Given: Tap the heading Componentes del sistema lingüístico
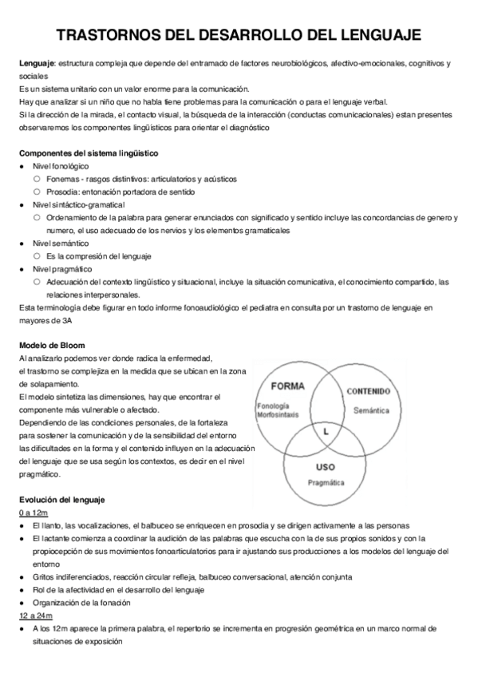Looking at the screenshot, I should pyautogui.click(x=89, y=152).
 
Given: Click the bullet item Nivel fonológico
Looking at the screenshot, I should pyautogui.click(x=61, y=165).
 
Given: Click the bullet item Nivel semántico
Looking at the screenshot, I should pyautogui.click(x=61, y=243).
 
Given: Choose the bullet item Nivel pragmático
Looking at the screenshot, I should pyautogui.click(x=62, y=269).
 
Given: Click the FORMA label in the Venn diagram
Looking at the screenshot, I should pyautogui.click(x=287, y=386).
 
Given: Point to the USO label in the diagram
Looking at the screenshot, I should pyautogui.click(x=325, y=467).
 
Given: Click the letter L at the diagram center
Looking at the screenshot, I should pyautogui.click(x=326, y=431).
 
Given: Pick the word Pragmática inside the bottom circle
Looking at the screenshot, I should pyautogui.click(x=325, y=483).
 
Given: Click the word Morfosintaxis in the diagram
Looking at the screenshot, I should pyautogui.click(x=279, y=414).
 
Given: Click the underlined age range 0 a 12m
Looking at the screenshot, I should pyautogui.click(x=34, y=513).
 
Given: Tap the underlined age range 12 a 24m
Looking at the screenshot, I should pyautogui.click(x=36, y=617).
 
